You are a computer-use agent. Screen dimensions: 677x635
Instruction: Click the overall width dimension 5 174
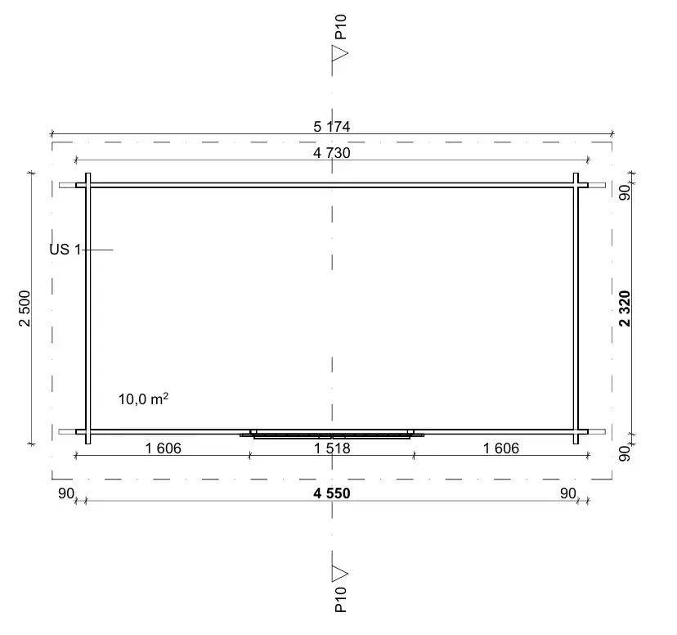332,127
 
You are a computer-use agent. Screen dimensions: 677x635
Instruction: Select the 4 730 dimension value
332,153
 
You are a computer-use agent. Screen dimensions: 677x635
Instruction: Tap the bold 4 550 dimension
332,493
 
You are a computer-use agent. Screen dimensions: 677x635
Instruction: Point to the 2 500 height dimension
25,308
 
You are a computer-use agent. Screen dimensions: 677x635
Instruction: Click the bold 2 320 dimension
625,308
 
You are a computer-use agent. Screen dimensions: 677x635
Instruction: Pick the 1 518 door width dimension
332,448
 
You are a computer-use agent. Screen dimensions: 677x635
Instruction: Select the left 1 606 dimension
163,448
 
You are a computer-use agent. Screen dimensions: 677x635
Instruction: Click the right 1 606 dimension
501,448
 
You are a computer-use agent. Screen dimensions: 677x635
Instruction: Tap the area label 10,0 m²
143,399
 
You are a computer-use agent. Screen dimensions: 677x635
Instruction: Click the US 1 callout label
65,250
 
